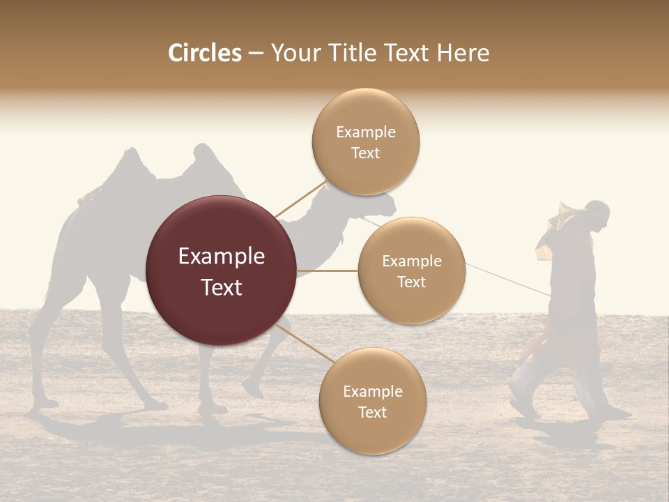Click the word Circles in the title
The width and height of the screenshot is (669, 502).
click(204, 53)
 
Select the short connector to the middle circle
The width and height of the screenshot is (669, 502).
click(328, 271)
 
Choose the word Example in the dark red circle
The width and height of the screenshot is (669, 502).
click(222, 257)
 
